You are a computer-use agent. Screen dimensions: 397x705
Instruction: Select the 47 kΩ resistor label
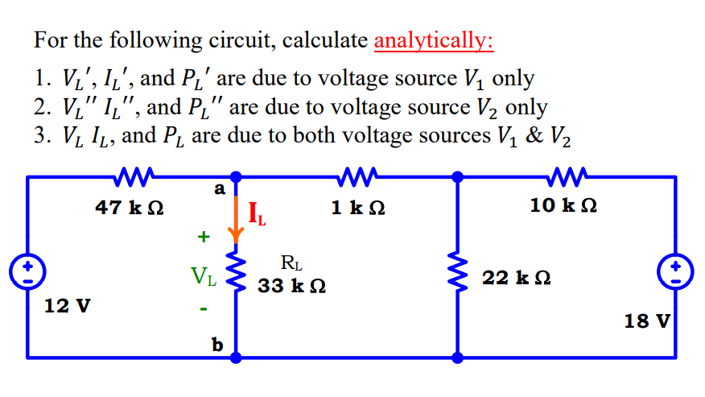tap(130, 207)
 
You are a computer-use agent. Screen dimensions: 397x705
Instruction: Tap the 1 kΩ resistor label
tap(358, 207)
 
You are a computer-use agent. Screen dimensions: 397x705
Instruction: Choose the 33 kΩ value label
tap(291, 286)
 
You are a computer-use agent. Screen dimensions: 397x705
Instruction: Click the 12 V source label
tap(68, 306)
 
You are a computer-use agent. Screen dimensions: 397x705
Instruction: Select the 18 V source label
tap(647, 321)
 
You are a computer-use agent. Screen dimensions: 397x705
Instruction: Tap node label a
tap(217, 188)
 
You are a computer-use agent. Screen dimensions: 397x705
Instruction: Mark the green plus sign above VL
tap(203, 237)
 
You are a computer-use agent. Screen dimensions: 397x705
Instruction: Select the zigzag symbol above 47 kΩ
tap(129, 175)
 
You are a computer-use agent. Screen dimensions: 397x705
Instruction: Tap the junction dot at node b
tap(236, 356)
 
